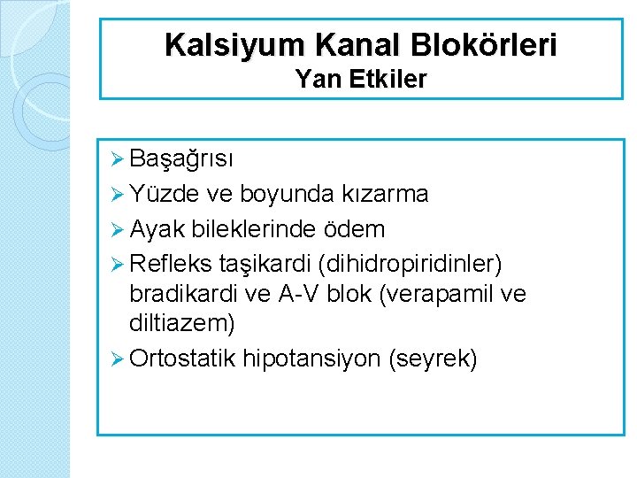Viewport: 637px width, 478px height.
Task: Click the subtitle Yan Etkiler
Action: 361,80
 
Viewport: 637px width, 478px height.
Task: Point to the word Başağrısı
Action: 181,159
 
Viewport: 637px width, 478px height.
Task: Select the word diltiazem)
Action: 181,324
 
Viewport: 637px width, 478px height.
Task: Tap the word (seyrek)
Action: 433,358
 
